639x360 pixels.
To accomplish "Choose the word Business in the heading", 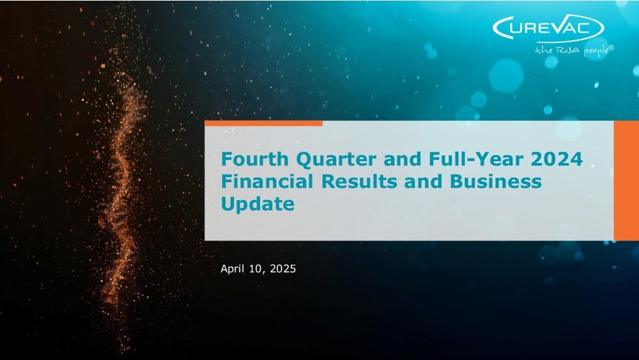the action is coord(496,181).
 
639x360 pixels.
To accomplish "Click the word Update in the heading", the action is coord(258,204).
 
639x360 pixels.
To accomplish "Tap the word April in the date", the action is coord(231,269).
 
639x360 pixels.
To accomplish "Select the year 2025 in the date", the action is coord(283,269).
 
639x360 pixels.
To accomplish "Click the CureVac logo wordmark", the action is coord(548,28).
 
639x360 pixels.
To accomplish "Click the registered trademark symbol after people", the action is coord(611,47).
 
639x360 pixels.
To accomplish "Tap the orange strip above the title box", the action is coord(263,123).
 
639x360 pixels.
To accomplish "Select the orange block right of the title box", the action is coord(626,180).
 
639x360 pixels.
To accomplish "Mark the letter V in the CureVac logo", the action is coord(562,27).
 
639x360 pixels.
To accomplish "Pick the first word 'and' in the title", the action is coord(403,159).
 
